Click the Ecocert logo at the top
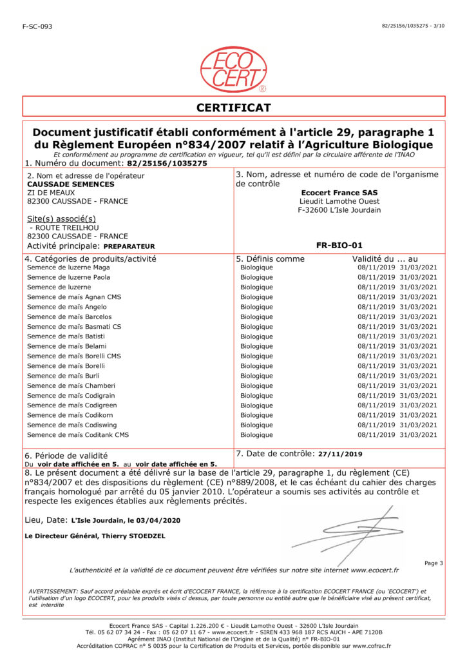(x=233, y=69)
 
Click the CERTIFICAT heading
(x=233, y=108)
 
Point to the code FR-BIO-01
(x=339, y=246)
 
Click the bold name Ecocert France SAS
(x=339, y=192)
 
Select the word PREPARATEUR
(x=129, y=246)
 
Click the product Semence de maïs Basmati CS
(x=74, y=327)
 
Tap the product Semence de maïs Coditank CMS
(x=78, y=435)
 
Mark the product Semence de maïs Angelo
(x=67, y=307)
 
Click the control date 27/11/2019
(x=339, y=454)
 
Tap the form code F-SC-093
(x=37, y=26)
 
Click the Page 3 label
(x=434, y=563)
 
